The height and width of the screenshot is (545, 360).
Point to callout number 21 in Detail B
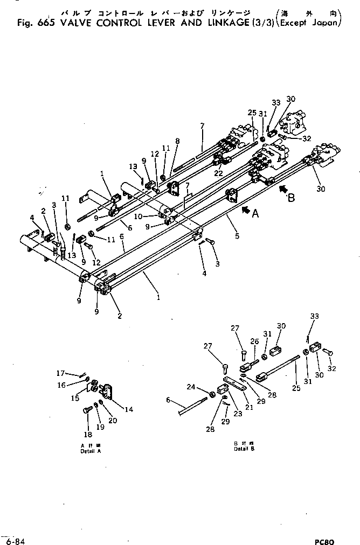[248, 407]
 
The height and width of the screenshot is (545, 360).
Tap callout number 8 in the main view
[177, 141]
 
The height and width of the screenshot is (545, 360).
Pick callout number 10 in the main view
[152, 216]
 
